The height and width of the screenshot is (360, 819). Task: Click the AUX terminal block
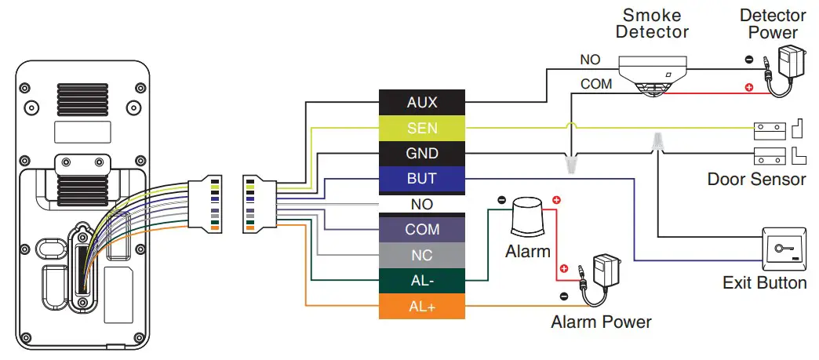point(422,102)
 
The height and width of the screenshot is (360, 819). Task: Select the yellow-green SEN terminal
point(422,128)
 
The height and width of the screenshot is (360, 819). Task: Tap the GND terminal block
point(422,153)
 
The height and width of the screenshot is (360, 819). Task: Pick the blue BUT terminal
point(422,179)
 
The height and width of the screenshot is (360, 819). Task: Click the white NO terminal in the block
point(422,204)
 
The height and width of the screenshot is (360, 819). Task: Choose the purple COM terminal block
point(422,230)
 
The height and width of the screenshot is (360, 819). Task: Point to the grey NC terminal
point(422,256)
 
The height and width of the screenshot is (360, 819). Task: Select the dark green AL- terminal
point(422,281)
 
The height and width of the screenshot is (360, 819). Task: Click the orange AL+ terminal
point(422,307)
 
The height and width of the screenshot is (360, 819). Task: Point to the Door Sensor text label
point(756,179)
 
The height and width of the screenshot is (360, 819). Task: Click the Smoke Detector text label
point(652,24)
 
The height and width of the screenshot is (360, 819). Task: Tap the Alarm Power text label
point(601,322)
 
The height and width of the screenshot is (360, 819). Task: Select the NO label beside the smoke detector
point(590,60)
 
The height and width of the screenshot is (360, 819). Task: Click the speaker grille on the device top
point(82,101)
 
